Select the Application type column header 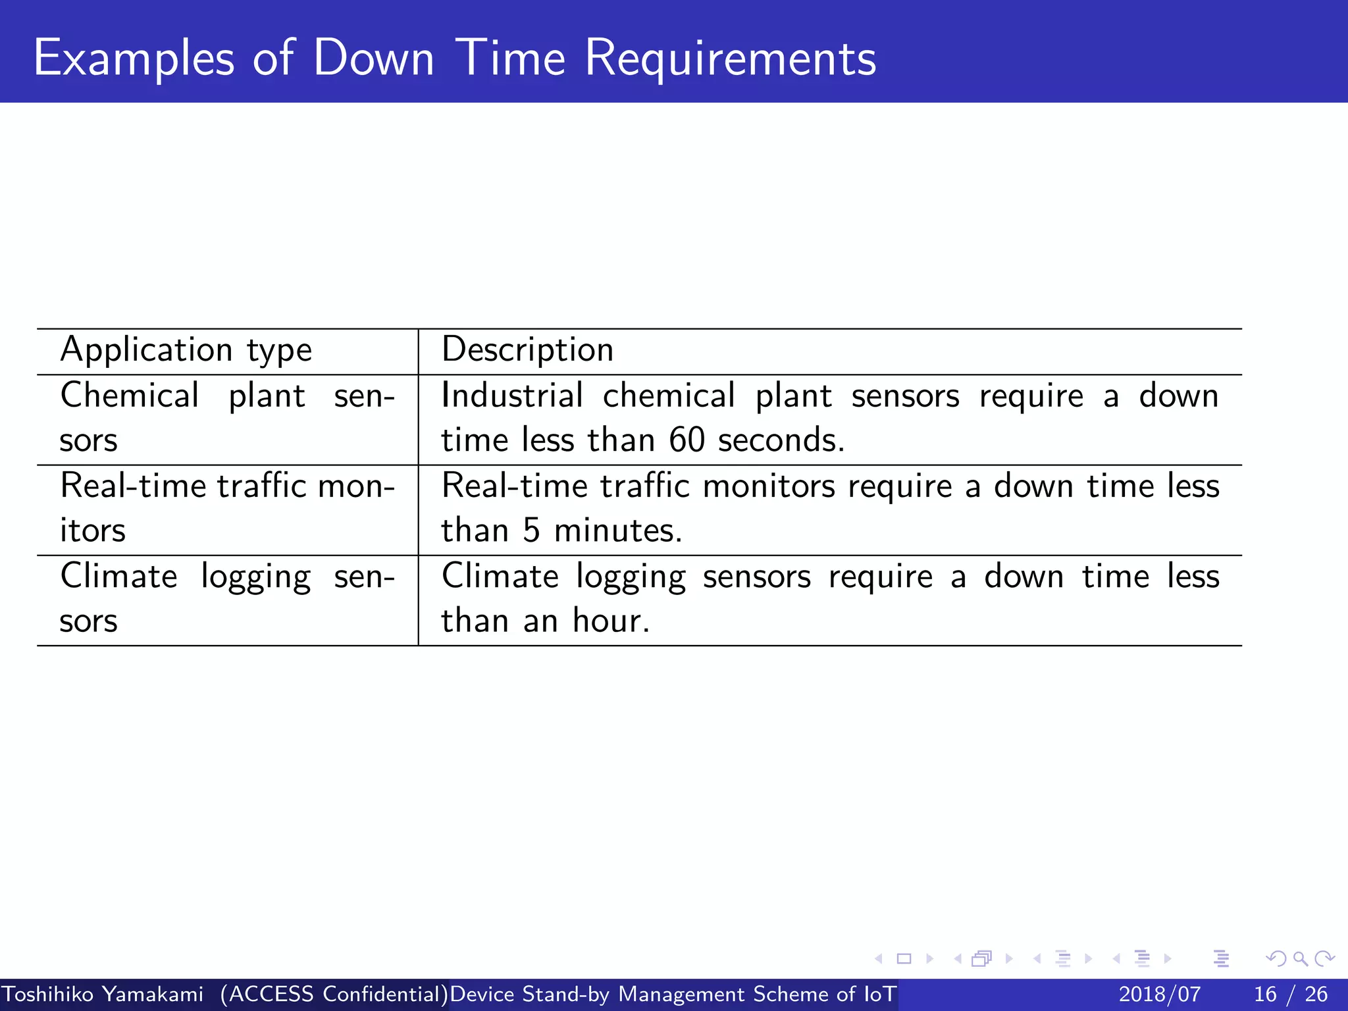186,350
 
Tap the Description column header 527,350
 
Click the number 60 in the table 687,440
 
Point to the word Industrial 512,396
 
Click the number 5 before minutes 531,531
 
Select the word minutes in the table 618,531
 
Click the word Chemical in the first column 130,396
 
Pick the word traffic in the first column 261,486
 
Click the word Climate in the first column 119,577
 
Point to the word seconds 781,440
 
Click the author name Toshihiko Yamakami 103,994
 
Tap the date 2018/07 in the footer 1159,994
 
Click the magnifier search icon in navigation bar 1300,959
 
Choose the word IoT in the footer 879,994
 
